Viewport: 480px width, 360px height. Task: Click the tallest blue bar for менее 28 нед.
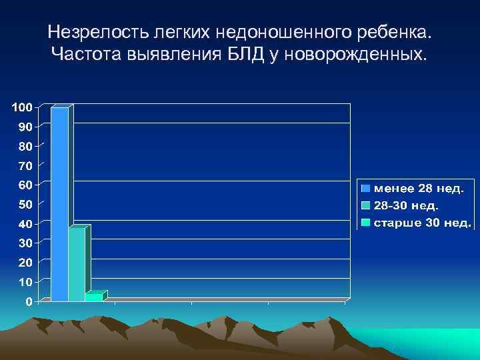click(59, 203)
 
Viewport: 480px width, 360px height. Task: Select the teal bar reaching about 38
click(77, 264)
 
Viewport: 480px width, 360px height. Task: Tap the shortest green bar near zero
click(94, 297)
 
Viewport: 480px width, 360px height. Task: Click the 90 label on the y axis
click(25, 127)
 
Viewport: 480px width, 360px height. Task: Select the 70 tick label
click(25, 165)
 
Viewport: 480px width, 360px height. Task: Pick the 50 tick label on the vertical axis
click(25, 204)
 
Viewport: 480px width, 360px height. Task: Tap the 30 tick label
click(25, 243)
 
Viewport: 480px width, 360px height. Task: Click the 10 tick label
click(25, 282)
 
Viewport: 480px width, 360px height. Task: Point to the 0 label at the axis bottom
click(29, 302)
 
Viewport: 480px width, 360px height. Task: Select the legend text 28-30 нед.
click(406, 205)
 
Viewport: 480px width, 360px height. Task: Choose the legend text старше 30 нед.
click(421, 222)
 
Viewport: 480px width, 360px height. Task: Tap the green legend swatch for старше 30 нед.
click(366, 222)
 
